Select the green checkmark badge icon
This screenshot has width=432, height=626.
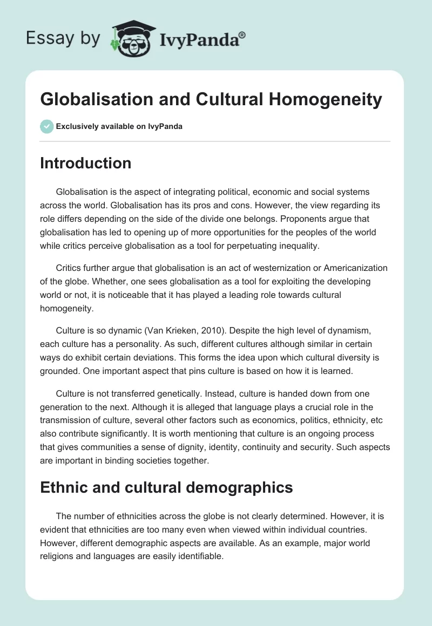[x=46, y=126]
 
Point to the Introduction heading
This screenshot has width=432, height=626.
[x=85, y=163]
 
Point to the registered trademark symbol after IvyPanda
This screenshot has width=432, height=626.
[x=242, y=34]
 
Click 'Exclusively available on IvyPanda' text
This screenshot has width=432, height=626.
[x=119, y=127]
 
